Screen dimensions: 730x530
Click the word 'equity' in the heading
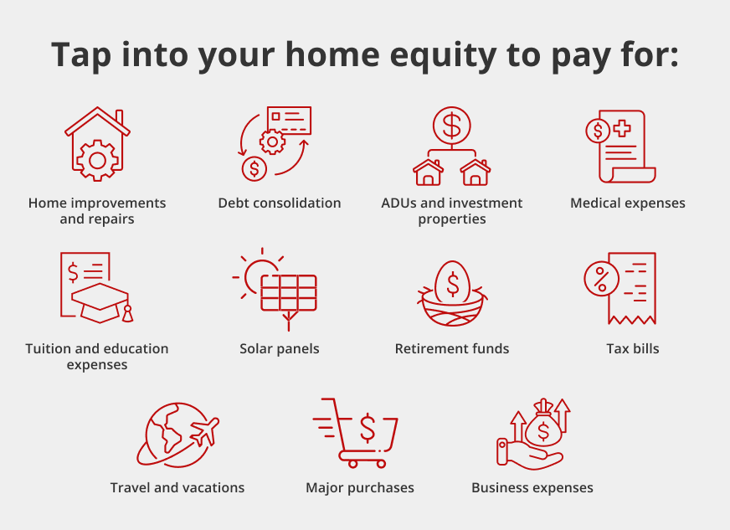(x=443, y=56)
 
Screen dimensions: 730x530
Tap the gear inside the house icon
(x=97, y=160)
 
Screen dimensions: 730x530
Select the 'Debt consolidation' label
(x=280, y=203)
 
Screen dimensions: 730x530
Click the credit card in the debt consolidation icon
(x=289, y=121)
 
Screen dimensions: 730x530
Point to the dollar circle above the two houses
(x=451, y=126)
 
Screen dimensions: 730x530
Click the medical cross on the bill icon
(x=622, y=128)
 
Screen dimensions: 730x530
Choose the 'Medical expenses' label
(x=628, y=203)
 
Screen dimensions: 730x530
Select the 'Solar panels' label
(x=280, y=349)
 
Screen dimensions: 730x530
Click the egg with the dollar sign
(x=452, y=282)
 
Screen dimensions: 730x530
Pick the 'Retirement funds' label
(x=452, y=349)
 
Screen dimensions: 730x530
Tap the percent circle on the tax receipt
(x=601, y=279)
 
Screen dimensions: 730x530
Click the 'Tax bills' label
(x=633, y=349)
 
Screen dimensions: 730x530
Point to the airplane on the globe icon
(x=205, y=431)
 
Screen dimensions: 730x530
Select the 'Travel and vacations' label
(x=177, y=487)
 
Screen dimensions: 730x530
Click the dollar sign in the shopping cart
(x=368, y=428)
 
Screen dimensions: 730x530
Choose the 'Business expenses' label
(x=532, y=487)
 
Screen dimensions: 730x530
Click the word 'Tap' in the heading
(x=81, y=56)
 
